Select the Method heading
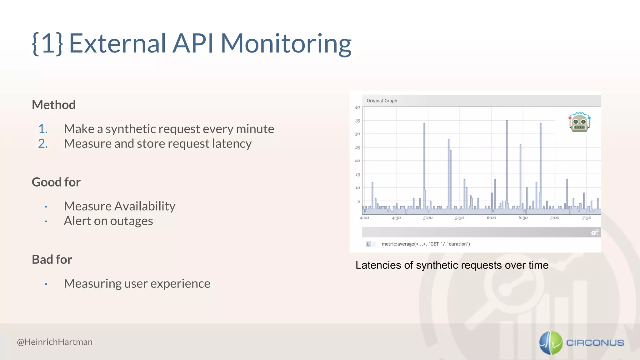(x=54, y=105)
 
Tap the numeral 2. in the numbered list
(x=43, y=143)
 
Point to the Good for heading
(x=56, y=182)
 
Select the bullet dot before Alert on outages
(x=46, y=221)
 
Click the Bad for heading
(x=52, y=259)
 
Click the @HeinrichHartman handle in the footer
(x=55, y=342)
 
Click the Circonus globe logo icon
(x=551, y=343)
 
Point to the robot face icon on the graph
(x=579, y=122)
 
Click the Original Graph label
(x=382, y=101)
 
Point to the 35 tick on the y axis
(x=357, y=121)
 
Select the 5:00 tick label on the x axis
(x=428, y=218)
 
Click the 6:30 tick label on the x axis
(x=523, y=218)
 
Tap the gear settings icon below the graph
(x=595, y=232)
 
